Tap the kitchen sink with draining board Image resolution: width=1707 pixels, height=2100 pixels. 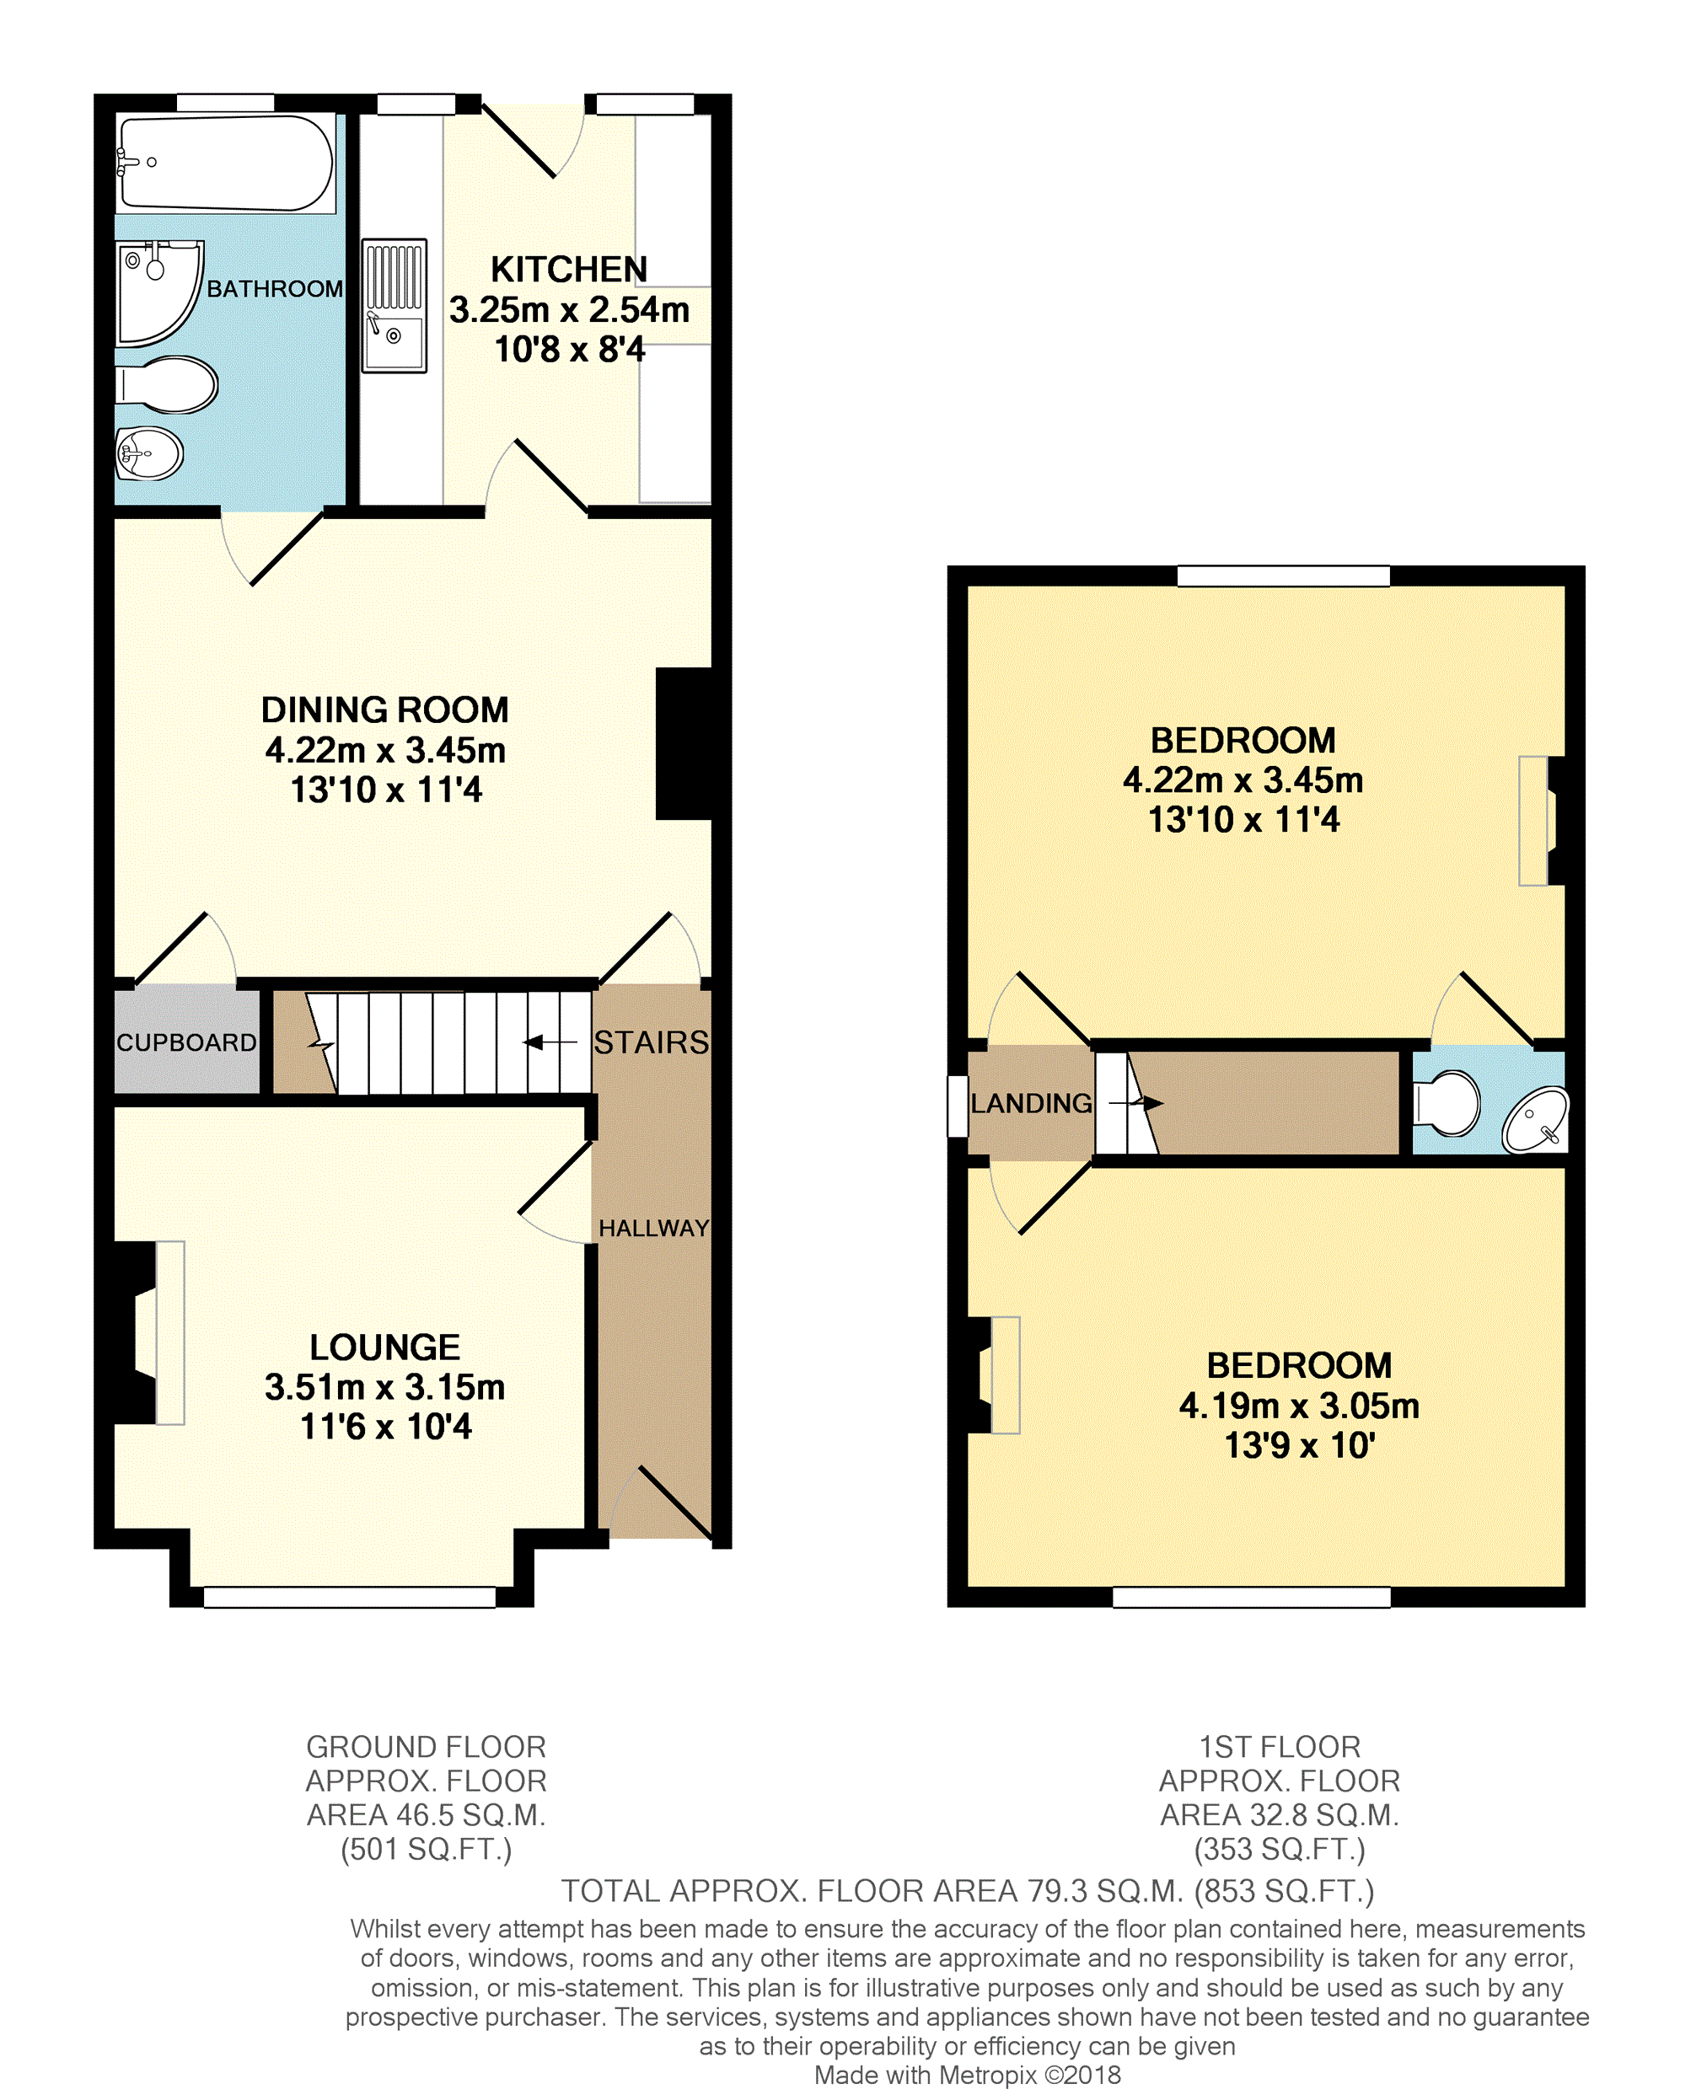coord(395,305)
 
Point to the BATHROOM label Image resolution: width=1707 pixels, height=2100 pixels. coord(274,289)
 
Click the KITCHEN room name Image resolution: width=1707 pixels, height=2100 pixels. coord(569,268)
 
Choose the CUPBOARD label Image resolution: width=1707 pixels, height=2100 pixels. coord(187,1042)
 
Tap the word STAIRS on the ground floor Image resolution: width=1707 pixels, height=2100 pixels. coord(651,1042)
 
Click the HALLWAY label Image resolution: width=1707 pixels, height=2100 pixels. coord(654,1228)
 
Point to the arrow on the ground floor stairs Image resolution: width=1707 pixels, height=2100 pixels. coord(550,1042)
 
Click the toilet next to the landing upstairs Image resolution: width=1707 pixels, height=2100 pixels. coord(1446,1103)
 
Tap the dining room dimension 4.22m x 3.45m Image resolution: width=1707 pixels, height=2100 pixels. coord(385,750)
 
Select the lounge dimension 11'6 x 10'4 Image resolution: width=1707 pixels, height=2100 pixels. coord(385,1427)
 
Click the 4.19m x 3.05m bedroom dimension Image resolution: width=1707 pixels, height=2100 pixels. coord(1299,1406)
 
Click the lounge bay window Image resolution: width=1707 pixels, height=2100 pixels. coord(349,1598)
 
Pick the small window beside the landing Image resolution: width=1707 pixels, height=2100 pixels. coord(958,1107)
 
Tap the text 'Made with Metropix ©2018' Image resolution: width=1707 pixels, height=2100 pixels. coord(968,2075)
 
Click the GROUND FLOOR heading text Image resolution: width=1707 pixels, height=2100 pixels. coord(426,1747)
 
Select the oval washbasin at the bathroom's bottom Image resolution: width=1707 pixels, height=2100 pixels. coord(149,453)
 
